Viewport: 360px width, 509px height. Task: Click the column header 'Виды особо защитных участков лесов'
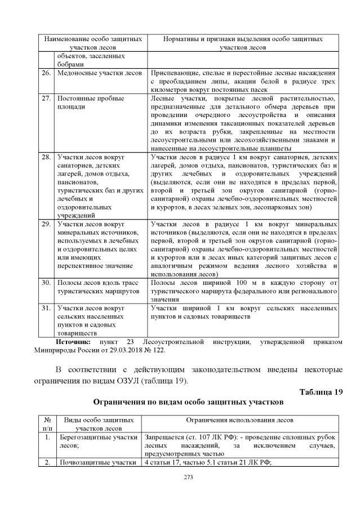click(x=99, y=424)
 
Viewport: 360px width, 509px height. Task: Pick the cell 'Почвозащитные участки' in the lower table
click(x=99, y=463)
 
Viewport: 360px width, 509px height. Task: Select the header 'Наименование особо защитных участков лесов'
click(x=93, y=44)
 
